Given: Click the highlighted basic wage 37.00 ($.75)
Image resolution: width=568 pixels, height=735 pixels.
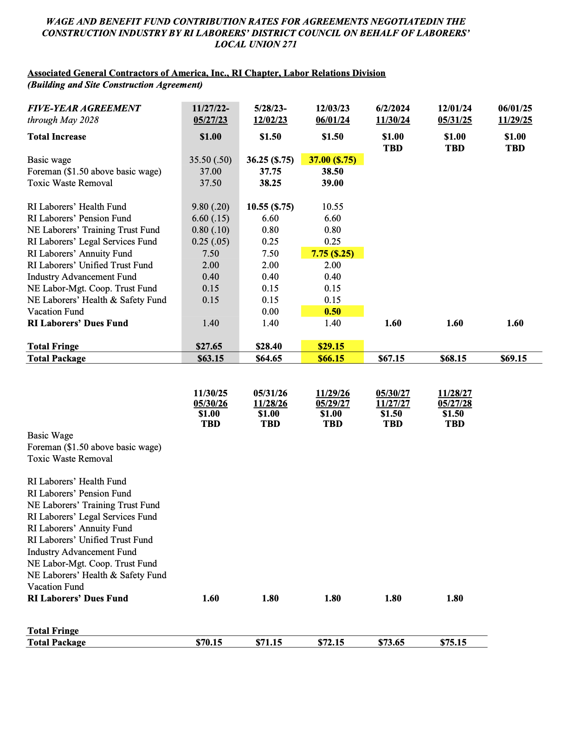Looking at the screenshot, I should click(332, 160).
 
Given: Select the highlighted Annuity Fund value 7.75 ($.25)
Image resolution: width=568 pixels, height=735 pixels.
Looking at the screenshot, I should click(332, 254).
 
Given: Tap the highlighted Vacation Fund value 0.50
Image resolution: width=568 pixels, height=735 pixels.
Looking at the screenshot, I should click(332, 312).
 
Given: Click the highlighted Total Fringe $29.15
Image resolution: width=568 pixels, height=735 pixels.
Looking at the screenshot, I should click(331, 347).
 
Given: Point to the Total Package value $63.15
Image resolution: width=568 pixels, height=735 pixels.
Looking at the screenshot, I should click(210, 359).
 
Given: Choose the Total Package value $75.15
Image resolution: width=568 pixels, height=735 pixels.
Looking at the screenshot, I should click(453, 643).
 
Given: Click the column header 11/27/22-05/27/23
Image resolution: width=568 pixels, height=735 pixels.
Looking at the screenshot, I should click(210, 114).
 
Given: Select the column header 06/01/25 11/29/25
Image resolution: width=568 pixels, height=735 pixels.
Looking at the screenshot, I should click(515, 114).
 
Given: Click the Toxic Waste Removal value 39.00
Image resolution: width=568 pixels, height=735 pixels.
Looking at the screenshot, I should click(332, 183).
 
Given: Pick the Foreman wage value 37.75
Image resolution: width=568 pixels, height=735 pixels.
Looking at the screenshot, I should click(270, 172).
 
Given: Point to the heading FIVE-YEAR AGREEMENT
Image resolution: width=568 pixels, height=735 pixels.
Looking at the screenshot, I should click(84, 109).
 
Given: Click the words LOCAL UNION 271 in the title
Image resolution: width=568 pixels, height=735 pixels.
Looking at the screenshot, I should click(256, 45).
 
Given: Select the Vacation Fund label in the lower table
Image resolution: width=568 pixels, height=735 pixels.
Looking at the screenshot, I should click(56, 587).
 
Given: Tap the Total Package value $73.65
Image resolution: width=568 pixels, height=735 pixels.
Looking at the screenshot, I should click(391, 643).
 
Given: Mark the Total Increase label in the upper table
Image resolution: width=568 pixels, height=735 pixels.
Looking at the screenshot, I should click(57, 137).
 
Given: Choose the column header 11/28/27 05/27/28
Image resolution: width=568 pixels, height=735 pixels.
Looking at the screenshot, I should click(454, 399).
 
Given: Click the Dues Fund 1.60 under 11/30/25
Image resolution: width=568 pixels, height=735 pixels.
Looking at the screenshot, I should click(210, 599).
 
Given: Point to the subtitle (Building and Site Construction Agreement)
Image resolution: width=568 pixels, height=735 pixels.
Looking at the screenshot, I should click(115, 85).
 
